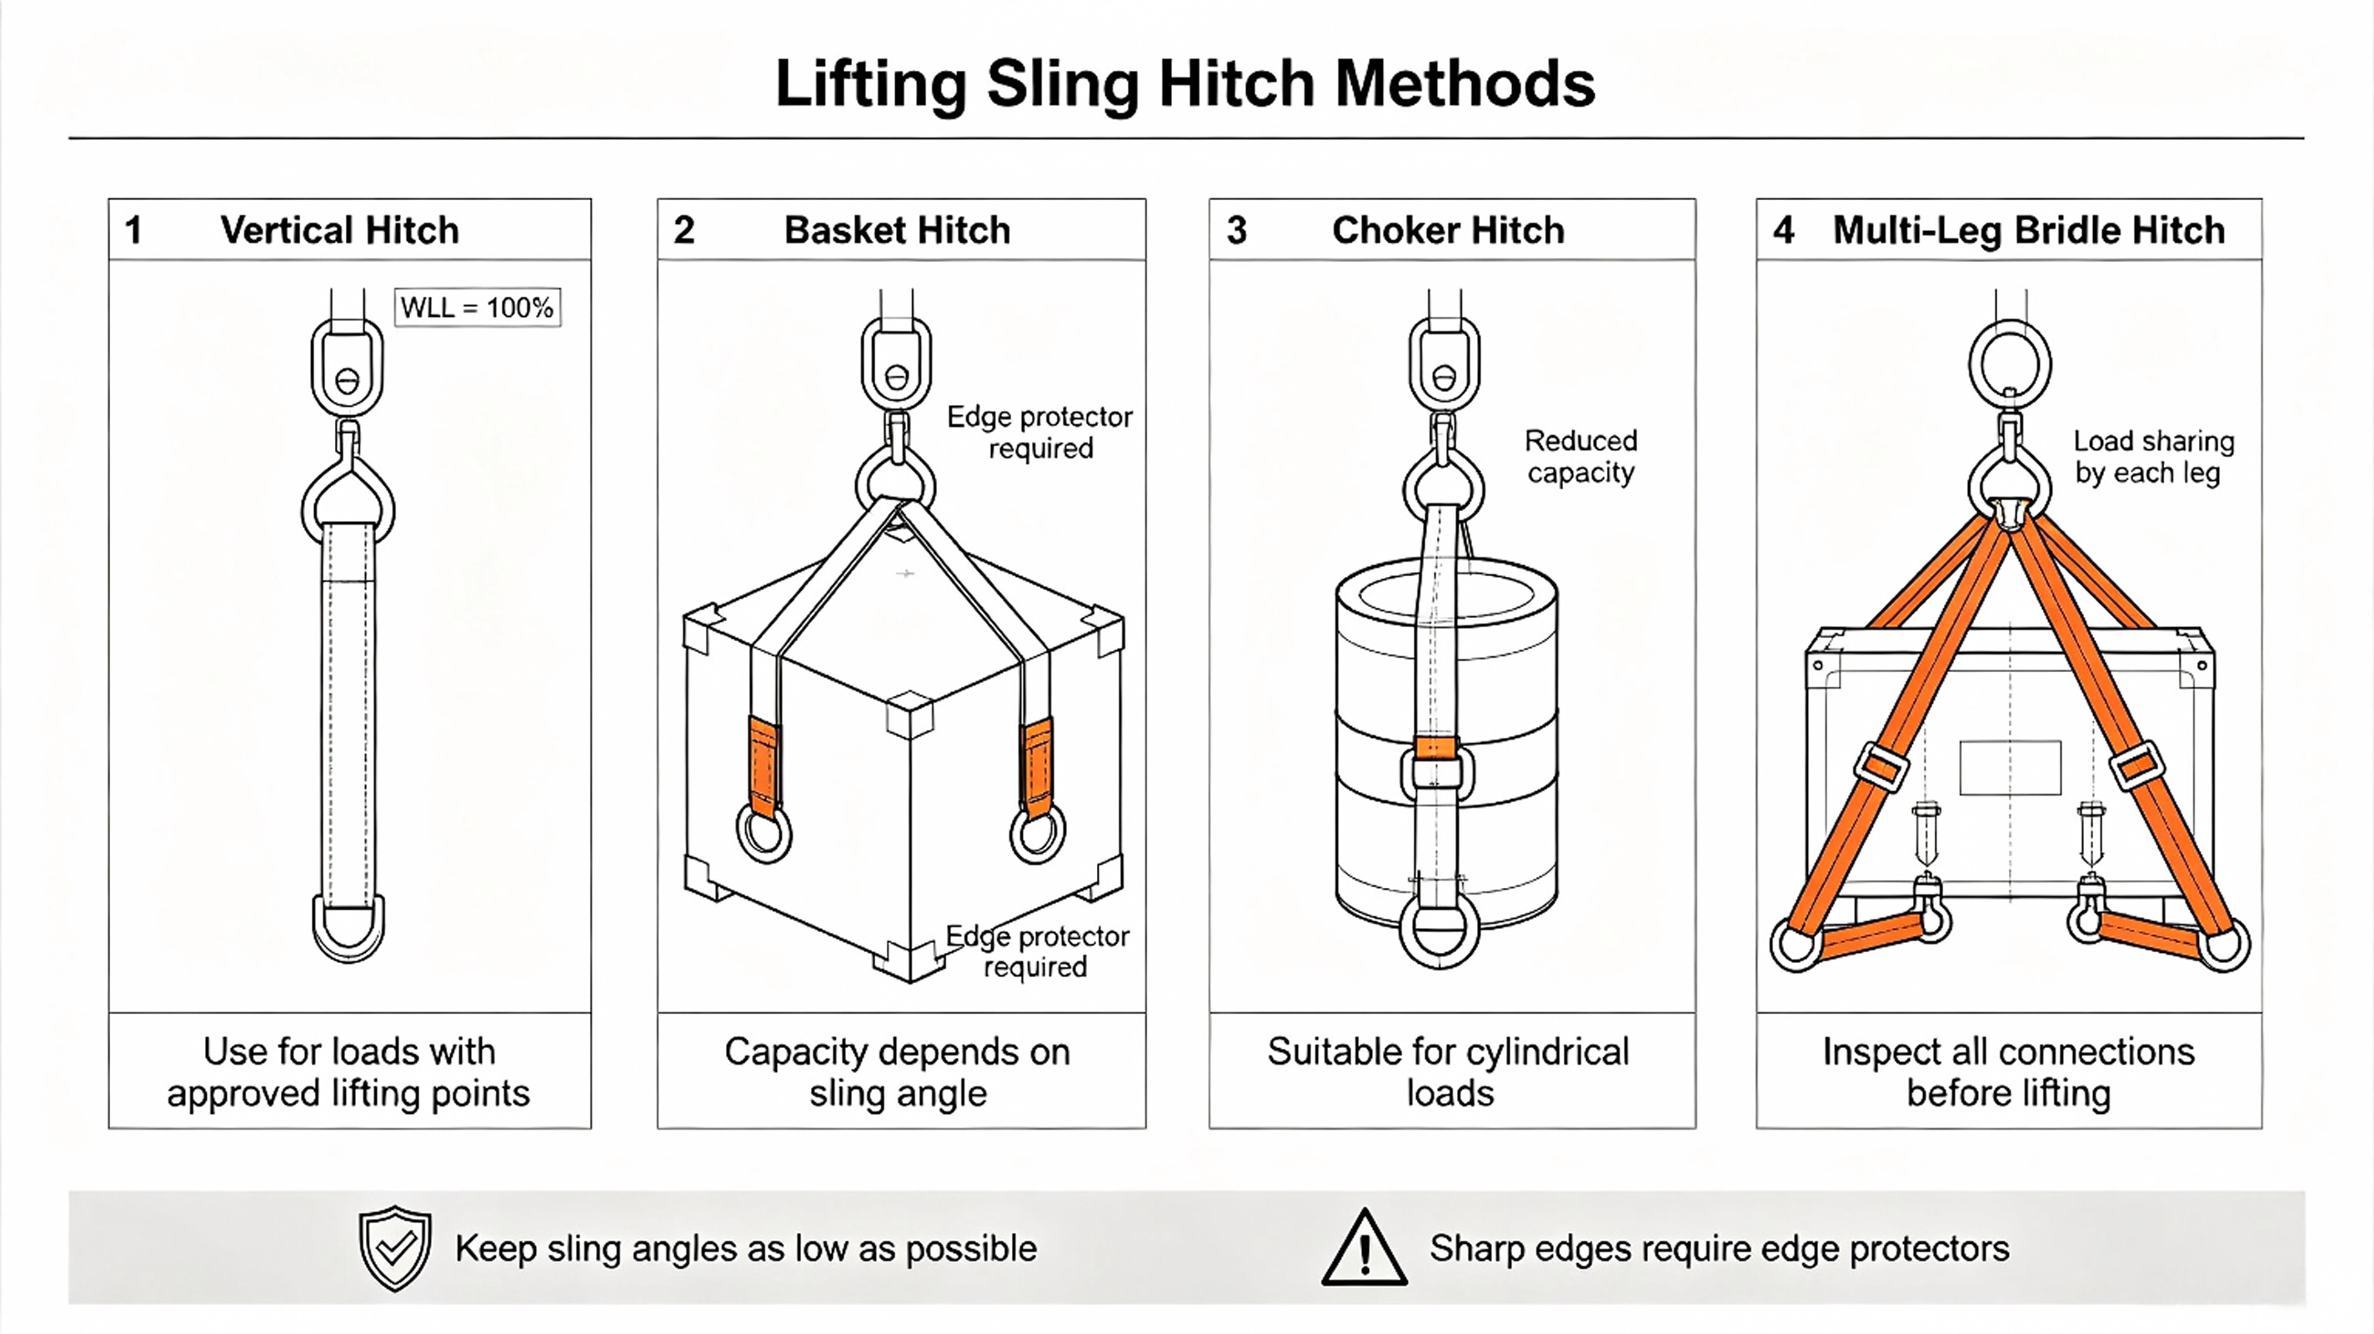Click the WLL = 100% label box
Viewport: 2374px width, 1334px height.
pyautogui.click(x=478, y=307)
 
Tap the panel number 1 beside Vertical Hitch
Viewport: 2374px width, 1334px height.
pyautogui.click(x=133, y=229)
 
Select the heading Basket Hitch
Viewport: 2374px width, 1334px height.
pyautogui.click(x=897, y=229)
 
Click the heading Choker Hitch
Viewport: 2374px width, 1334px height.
pyautogui.click(x=1448, y=229)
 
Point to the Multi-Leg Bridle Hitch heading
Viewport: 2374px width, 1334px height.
pyautogui.click(x=2028, y=229)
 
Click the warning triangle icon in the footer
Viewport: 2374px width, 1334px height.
pyautogui.click(x=1364, y=1247)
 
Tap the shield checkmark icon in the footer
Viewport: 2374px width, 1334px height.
pyautogui.click(x=395, y=1248)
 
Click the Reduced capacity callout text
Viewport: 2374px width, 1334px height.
pyautogui.click(x=1580, y=456)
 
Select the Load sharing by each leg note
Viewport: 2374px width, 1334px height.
pyautogui.click(x=2154, y=456)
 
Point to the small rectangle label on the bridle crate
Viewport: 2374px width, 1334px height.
pyautogui.click(x=2010, y=768)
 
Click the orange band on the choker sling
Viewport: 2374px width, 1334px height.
pyautogui.click(x=1436, y=748)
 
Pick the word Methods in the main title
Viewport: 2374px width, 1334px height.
pyautogui.click(x=1465, y=84)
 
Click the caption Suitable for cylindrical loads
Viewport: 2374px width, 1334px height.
pyautogui.click(x=1449, y=1072)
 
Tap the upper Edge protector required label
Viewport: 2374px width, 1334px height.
pyautogui.click(x=1039, y=433)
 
